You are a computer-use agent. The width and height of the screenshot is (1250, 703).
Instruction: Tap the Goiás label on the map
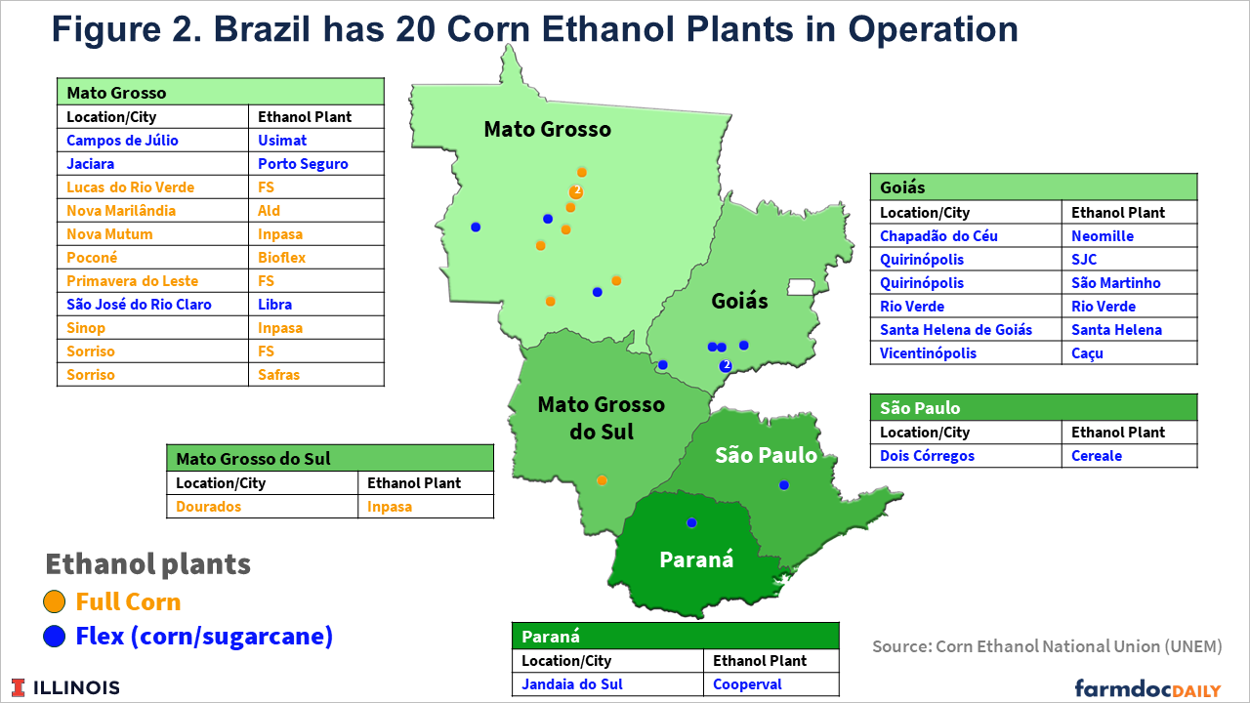[739, 301]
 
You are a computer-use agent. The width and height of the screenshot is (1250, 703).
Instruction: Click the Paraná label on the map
[696, 559]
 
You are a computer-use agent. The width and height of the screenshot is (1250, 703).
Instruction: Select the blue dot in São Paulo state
[784, 485]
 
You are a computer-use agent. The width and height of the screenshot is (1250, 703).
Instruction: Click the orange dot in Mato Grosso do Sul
[602, 480]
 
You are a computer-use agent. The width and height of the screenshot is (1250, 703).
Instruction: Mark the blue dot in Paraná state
[691, 522]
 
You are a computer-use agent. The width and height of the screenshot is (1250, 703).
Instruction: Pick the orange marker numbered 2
[576, 191]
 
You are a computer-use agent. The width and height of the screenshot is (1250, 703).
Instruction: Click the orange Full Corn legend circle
[54, 601]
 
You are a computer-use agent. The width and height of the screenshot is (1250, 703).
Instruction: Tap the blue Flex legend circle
[54, 636]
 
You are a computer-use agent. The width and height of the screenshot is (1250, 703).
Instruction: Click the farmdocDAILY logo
[1147, 688]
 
